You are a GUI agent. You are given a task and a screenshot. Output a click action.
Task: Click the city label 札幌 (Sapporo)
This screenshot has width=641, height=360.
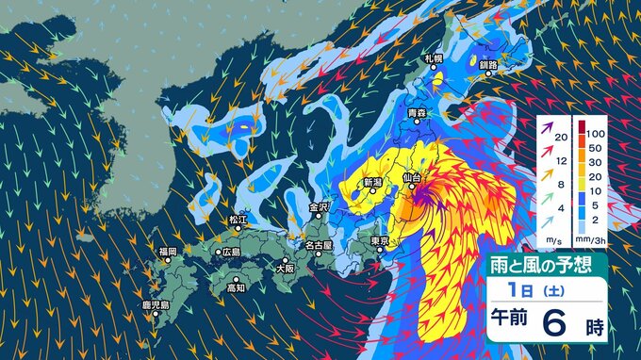pyautogui.click(x=433, y=59)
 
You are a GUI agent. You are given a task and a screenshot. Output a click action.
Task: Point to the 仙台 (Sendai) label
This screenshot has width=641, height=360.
pyautogui.click(x=409, y=177)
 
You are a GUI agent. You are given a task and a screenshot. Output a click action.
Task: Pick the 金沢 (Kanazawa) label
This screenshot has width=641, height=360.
pyautogui.click(x=318, y=205)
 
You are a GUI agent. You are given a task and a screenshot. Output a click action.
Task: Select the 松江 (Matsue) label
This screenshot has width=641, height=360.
pyautogui.click(x=237, y=220)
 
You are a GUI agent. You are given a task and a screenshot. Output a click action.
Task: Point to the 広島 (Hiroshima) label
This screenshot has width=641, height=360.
pyautogui.click(x=229, y=252)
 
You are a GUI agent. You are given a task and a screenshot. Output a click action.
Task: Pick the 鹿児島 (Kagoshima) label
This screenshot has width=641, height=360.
pyautogui.click(x=155, y=305)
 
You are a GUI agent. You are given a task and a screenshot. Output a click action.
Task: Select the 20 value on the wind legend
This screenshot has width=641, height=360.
pyautogui.click(x=560, y=138)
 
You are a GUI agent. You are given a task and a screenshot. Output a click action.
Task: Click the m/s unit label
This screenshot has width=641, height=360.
pyautogui.click(x=551, y=238)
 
